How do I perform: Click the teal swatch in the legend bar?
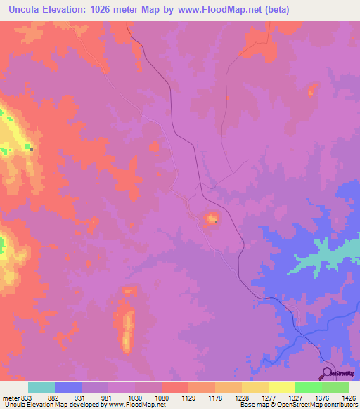pos(41,387)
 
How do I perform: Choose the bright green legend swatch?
pos(308,387)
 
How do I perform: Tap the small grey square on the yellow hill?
pos(30,148)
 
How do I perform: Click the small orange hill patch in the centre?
pos(210,221)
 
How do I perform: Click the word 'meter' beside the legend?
pos(11,396)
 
